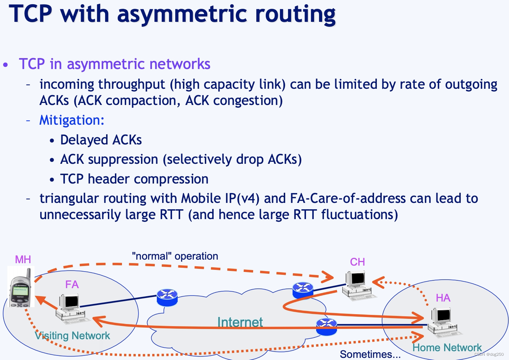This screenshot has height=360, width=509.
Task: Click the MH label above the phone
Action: [23, 260]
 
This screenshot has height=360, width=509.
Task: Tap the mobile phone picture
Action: [21, 287]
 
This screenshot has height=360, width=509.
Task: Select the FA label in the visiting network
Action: [72, 284]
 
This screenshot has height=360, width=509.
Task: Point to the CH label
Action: [357, 262]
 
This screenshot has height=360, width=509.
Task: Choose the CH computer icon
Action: [357, 284]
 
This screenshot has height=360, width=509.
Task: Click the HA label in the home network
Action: [443, 298]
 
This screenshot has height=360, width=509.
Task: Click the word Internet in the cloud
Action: [240, 322]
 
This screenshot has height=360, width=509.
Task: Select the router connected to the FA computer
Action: [167, 297]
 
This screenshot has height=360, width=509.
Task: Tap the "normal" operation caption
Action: [175, 256]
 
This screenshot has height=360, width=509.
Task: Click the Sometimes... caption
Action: [370, 354]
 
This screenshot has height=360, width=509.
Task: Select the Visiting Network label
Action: [73, 336]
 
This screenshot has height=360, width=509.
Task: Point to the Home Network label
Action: [447, 348]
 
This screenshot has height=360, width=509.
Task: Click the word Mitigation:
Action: [72, 120]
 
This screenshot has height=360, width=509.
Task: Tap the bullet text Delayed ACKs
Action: [101, 140]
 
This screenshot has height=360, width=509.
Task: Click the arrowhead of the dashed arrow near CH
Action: [330, 277]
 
